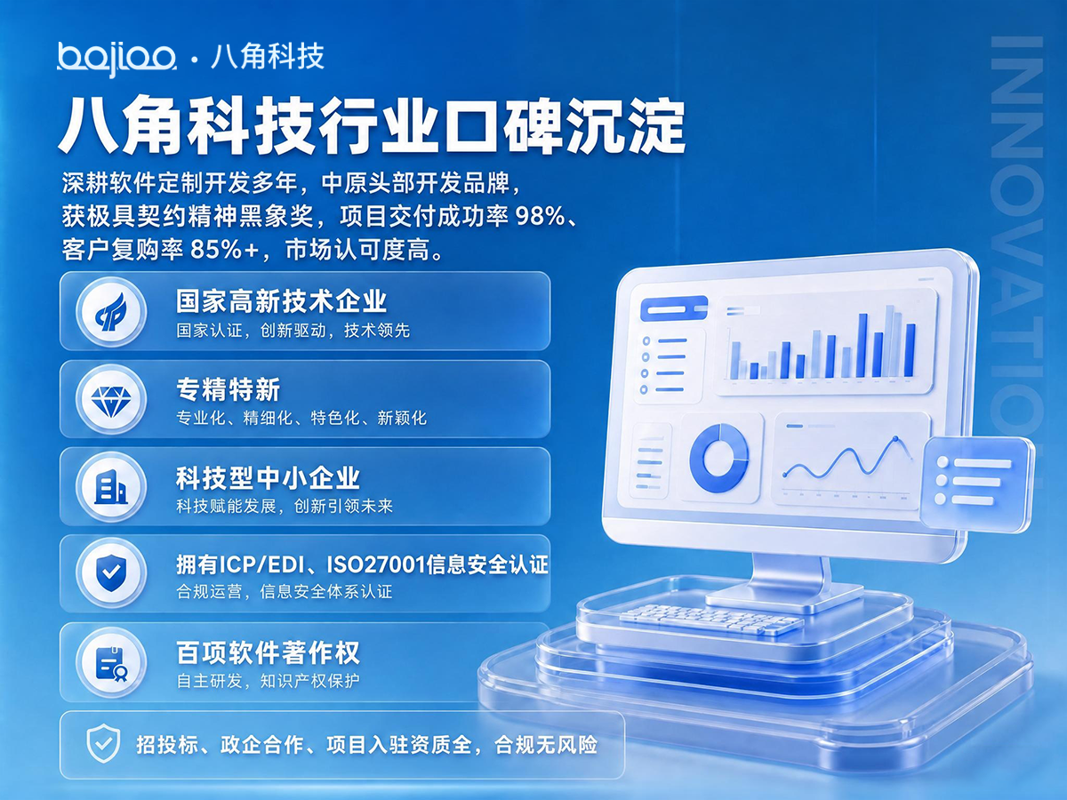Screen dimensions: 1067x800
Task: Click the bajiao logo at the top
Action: click(116, 60)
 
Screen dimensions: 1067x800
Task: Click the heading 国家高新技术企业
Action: click(282, 301)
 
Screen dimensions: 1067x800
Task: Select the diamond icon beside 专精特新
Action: click(111, 400)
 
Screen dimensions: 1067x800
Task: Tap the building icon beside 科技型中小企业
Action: click(111, 487)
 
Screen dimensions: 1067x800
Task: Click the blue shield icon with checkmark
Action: click(111, 573)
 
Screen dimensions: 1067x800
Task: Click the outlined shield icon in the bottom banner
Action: click(102, 744)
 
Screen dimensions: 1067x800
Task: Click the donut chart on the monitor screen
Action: click(719, 457)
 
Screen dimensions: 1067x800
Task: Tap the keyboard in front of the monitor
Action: click(711, 620)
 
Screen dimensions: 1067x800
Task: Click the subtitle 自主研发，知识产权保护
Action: click(268, 681)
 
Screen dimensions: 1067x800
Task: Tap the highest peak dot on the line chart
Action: click(895, 438)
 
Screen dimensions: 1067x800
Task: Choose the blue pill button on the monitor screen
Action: click(673, 308)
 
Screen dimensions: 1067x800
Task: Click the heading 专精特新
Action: click(228, 390)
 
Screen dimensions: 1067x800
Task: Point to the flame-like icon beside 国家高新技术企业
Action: click(111, 312)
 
